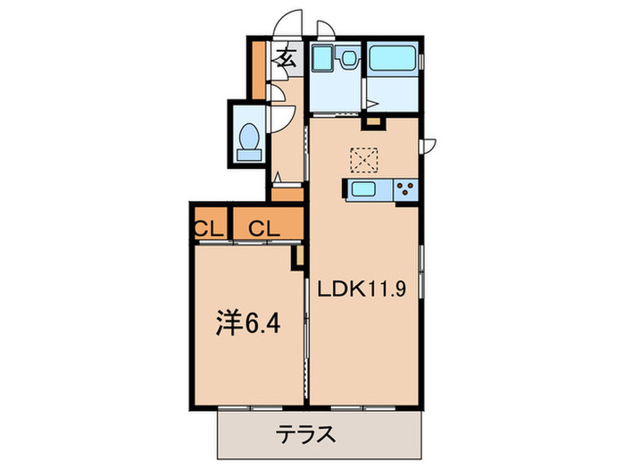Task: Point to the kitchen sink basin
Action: pyautogui.click(x=365, y=189)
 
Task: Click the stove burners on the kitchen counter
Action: pyautogui.click(x=404, y=189)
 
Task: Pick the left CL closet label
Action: pyautogui.click(x=209, y=227)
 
